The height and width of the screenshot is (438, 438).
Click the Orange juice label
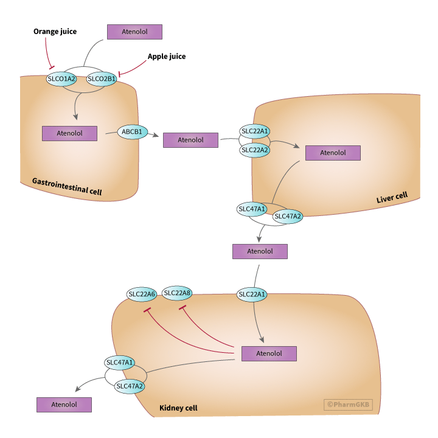click(x=55, y=32)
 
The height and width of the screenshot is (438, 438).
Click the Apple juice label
click(x=166, y=57)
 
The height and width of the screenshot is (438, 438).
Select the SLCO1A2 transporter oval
click(x=61, y=78)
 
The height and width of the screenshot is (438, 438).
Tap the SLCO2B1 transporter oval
click(x=102, y=78)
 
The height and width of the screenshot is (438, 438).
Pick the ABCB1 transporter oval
click(x=132, y=131)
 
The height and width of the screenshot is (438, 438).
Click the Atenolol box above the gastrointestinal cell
click(x=134, y=32)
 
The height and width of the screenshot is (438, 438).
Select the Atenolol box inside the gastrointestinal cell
click(x=69, y=133)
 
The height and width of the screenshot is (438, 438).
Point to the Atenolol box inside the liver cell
click(x=333, y=153)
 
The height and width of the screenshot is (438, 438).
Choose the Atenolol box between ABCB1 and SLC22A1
click(x=190, y=140)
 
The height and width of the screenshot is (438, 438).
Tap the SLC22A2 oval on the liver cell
click(x=255, y=150)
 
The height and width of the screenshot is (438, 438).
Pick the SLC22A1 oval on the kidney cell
click(x=252, y=295)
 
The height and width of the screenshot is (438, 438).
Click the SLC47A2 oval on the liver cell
click(x=287, y=217)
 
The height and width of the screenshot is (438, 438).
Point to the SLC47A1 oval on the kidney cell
click(x=120, y=363)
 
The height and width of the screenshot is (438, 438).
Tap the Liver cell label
click(x=392, y=198)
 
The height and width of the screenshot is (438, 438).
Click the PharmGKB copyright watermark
click(x=349, y=403)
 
